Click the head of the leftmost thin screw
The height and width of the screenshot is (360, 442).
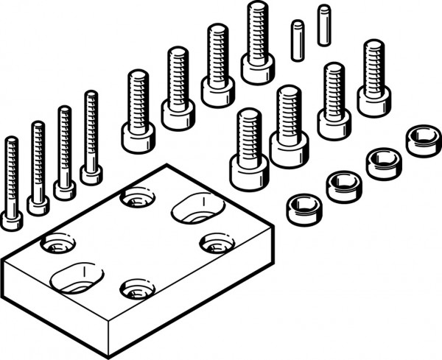click(x=11, y=220)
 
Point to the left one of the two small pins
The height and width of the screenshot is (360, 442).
click(x=297, y=40)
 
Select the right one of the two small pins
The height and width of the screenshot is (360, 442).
click(x=323, y=25)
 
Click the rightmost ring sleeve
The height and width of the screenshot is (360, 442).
click(x=424, y=140)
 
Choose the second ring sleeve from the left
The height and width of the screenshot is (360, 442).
click(x=343, y=186)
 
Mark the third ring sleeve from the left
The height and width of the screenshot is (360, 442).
click(x=384, y=163)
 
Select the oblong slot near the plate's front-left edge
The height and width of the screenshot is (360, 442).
click(x=77, y=278)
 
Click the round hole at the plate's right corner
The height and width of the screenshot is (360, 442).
click(x=217, y=243)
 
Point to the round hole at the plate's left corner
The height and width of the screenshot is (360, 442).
click(x=57, y=242)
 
